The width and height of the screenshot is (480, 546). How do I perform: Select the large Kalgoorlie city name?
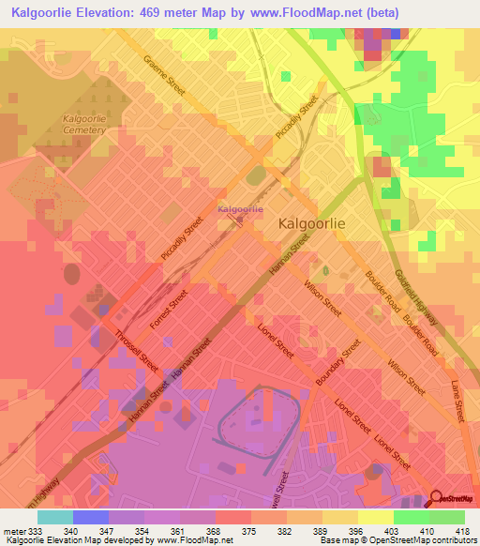click(x=315, y=225)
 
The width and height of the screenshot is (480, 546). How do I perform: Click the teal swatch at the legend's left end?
click(x=55, y=516)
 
